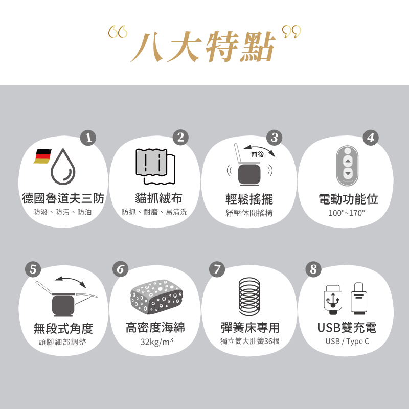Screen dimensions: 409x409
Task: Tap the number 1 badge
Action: [89, 138]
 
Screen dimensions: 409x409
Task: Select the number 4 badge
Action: [371, 138]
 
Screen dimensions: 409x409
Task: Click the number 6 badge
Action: [120, 269]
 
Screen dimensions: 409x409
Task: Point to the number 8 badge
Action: [313, 269]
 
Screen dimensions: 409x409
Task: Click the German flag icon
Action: [43, 156]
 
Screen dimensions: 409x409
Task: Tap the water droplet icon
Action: [63, 167]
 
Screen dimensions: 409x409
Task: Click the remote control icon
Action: [348, 165]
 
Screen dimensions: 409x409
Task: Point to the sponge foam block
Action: [156, 297]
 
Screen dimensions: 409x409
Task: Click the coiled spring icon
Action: [249, 297]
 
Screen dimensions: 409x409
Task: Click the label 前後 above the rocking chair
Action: [258, 154]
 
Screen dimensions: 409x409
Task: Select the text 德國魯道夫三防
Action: [63, 198]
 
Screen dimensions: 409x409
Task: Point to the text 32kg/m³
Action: [156, 341]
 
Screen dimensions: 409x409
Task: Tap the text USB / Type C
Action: [347, 341]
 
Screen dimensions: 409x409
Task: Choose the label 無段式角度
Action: [63, 328]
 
